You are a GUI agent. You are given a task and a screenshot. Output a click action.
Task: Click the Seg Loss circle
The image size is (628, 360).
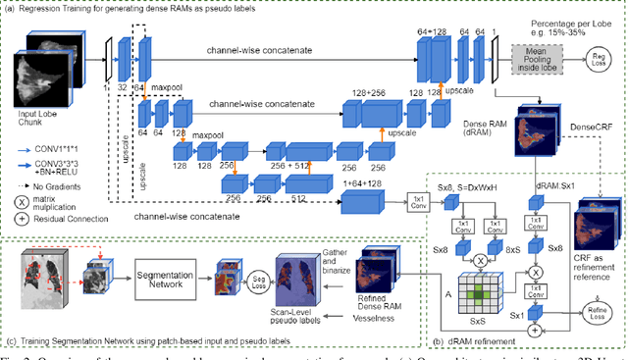tap(234, 280)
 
